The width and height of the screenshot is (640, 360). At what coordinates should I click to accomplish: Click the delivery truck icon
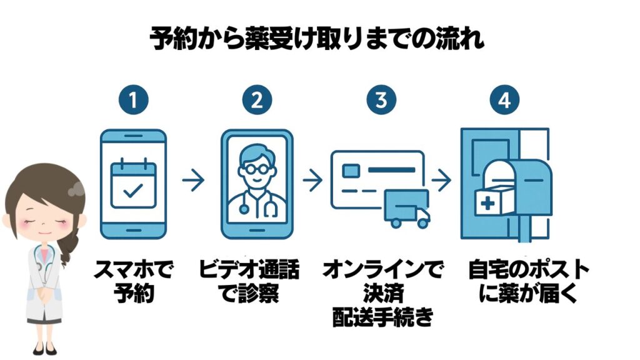click(x=406, y=207)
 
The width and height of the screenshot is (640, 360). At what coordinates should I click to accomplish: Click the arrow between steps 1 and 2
click(x=194, y=181)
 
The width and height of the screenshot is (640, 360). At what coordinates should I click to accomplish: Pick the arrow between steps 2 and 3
click(x=313, y=181)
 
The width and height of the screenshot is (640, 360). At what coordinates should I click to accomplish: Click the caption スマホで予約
click(x=133, y=282)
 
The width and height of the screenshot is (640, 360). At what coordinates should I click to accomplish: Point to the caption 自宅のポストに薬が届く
click(x=529, y=282)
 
